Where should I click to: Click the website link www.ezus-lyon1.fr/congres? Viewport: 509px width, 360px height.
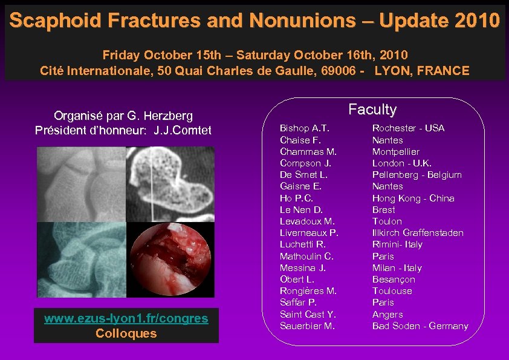[x=126, y=318]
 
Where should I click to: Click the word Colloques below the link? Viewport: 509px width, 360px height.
[x=126, y=333]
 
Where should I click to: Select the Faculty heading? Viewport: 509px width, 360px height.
[x=372, y=110]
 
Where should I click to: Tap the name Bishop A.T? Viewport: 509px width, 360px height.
[x=304, y=128]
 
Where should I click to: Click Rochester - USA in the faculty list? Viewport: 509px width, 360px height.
[x=408, y=128]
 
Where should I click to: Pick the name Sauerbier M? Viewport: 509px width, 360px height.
[x=307, y=326]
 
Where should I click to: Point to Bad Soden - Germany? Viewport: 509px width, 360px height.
[x=420, y=326]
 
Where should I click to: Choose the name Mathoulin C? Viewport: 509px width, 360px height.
[x=306, y=257]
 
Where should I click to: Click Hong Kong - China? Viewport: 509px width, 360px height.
[x=413, y=198]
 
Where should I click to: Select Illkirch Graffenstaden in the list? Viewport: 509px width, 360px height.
[x=418, y=233]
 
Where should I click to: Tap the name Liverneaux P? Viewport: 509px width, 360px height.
[x=309, y=233]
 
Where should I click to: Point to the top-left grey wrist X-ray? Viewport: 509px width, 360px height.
[x=81, y=184]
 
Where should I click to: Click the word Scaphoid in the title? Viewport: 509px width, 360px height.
[x=45, y=21]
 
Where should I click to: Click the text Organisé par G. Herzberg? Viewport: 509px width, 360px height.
[x=123, y=115]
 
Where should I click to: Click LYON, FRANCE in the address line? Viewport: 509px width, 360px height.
[x=422, y=71]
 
